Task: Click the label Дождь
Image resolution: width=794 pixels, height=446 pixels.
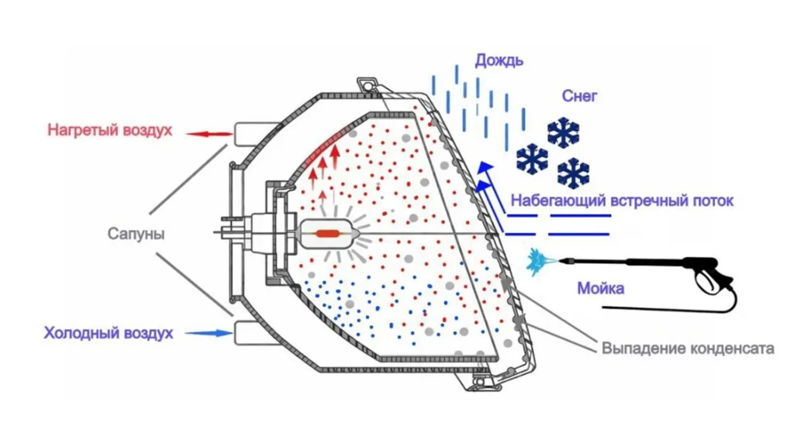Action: pyautogui.click(x=499, y=60)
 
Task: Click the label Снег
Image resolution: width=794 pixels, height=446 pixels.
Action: pyautogui.click(x=579, y=96)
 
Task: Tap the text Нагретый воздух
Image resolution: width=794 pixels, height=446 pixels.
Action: pyautogui.click(x=109, y=129)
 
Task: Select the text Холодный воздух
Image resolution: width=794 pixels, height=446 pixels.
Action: pyautogui.click(x=109, y=334)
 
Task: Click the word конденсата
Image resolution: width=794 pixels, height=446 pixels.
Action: pyautogui.click(x=731, y=348)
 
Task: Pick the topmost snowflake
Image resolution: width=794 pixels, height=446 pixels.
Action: pyautogui.click(x=564, y=132)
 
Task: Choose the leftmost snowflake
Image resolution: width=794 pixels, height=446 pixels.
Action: pyautogui.click(x=532, y=159)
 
